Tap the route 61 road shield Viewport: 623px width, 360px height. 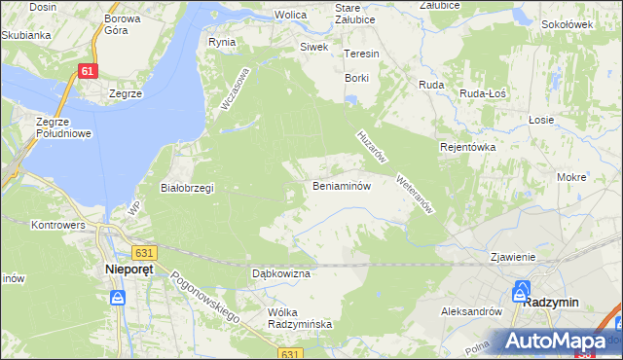(x=89, y=72)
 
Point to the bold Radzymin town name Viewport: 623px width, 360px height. (x=551, y=302)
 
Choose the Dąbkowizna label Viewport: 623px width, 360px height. (x=280, y=274)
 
